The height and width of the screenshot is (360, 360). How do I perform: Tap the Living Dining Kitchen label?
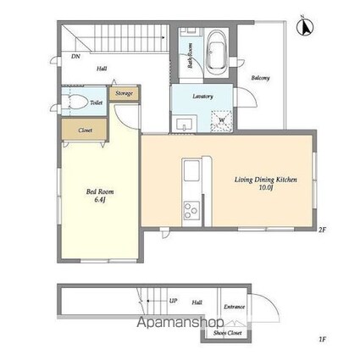pos(265,180)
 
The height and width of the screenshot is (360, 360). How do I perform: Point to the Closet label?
pos(85,130)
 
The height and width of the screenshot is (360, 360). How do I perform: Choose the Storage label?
pos(125,92)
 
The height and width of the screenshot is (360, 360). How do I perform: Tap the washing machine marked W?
pos(221,119)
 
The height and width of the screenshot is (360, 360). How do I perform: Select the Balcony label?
pos(260,79)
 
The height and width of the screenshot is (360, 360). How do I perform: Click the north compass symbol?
pos(304,26)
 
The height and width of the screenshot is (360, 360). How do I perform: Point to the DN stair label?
pos(75,57)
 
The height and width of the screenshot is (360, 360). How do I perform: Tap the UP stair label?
pos(173,301)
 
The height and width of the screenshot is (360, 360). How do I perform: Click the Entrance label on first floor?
pos(234,307)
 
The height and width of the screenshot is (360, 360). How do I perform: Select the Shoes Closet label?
pos(219,332)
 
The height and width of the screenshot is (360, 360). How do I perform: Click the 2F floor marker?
pos(321,230)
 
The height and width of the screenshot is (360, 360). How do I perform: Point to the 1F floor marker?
pos(322,341)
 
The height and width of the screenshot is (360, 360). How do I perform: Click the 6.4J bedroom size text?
pos(100,202)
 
